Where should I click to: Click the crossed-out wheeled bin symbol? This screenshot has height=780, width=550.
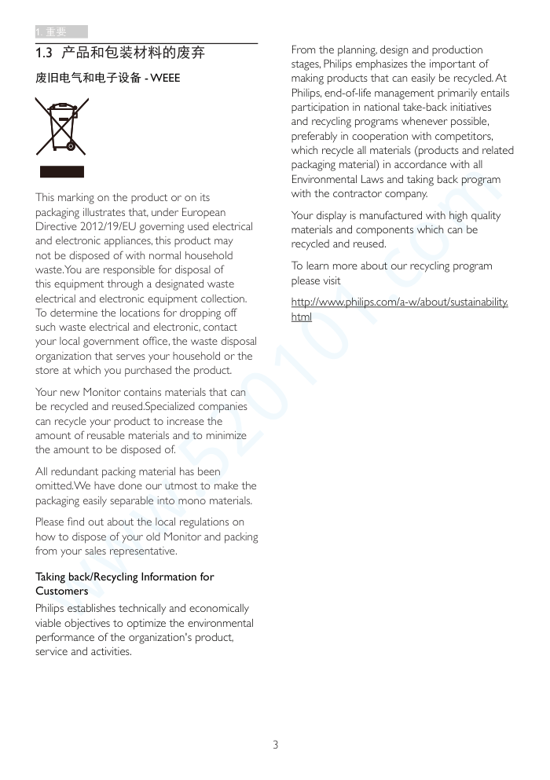pos(61,126)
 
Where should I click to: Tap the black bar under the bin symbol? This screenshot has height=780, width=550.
pos(61,172)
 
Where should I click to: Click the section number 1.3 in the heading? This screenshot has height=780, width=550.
pos(44,53)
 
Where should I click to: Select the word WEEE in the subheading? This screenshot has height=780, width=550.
pos(165,78)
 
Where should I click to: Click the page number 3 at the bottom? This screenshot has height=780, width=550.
pos(275,744)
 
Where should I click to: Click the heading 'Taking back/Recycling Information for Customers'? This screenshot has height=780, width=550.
pos(124,584)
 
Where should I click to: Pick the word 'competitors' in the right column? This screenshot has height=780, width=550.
pos(461,136)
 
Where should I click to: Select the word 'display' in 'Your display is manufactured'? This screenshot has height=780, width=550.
pos(330,215)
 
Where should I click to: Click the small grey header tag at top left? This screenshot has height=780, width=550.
pos(60,31)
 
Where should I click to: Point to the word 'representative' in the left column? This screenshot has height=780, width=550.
pos(142,551)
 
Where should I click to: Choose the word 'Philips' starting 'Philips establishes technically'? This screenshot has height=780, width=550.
pos(51,608)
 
